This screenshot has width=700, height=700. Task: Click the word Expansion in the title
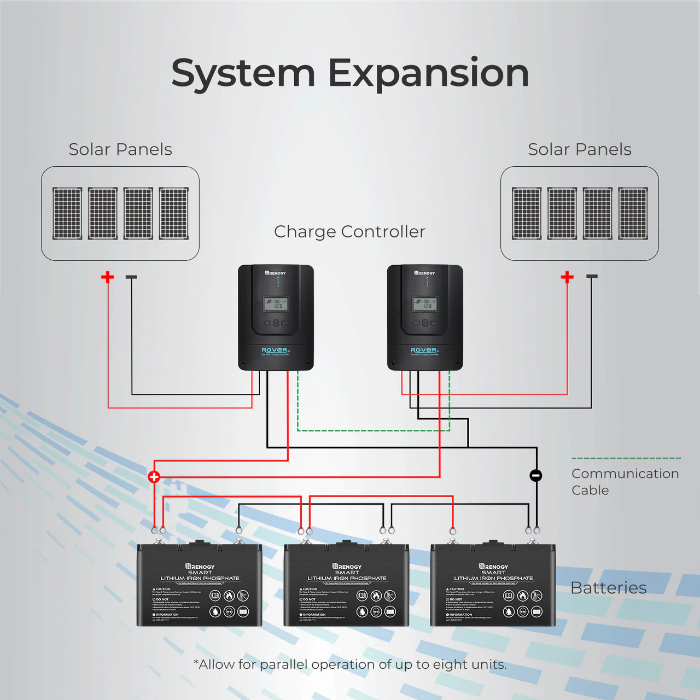[428, 73]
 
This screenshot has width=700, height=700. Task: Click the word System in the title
[243, 73]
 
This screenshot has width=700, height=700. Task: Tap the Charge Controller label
[349, 231]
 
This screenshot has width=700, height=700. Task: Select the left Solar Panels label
[120, 149]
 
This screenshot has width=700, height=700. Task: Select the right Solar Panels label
[580, 149]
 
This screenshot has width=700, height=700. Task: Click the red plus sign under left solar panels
[108, 277]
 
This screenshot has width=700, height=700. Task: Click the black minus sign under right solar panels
[592, 277]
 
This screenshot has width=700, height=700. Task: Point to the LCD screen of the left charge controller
[276, 304]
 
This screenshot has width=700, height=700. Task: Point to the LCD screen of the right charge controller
[425, 304]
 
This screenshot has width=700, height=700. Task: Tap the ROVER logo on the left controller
[275, 350]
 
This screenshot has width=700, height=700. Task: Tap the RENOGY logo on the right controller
[425, 272]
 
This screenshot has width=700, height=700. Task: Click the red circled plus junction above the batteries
[154, 477]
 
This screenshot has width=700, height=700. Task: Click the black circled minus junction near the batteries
[536, 475]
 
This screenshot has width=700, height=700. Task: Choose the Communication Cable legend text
[625, 482]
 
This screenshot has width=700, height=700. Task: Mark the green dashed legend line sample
[626, 458]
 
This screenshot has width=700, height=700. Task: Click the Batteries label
[608, 588]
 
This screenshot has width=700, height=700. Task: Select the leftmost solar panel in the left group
[67, 213]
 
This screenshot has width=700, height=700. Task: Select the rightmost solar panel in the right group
[633, 213]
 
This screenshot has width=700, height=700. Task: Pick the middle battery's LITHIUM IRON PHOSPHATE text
[347, 578]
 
